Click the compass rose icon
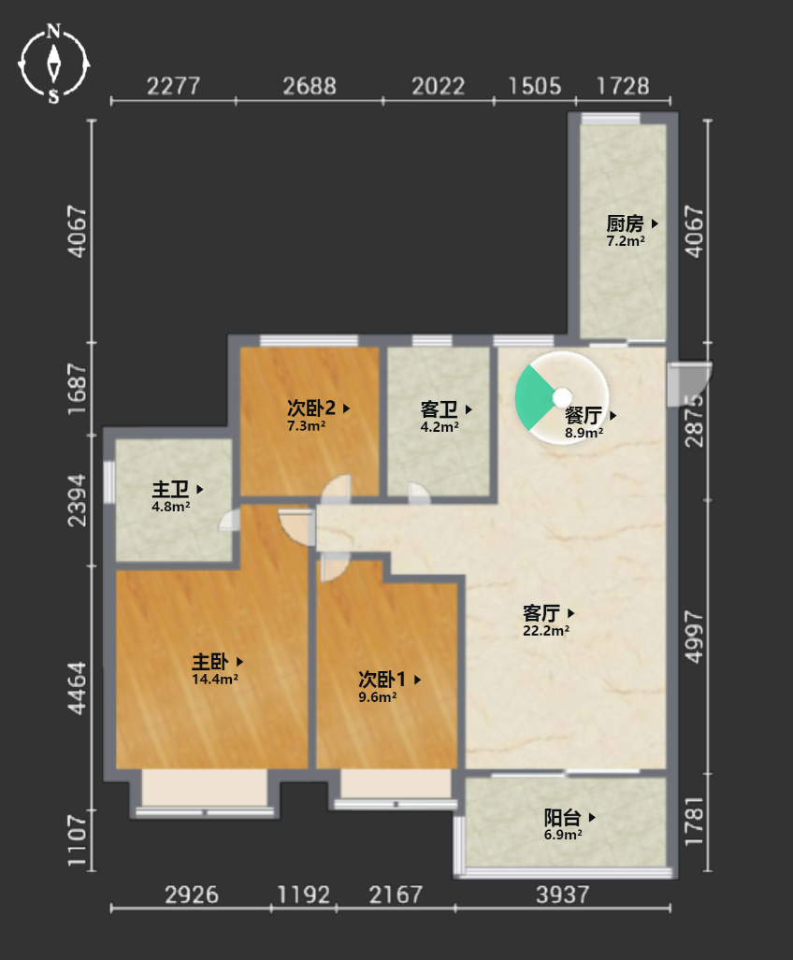(x=54, y=64)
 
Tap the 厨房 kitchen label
(x=626, y=223)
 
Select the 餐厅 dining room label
(x=583, y=415)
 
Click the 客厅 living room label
(x=541, y=613)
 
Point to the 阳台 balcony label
(x=562, y=817)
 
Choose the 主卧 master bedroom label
(x=210, y=662)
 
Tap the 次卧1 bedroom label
(x=382, y=680)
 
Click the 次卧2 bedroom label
(x=311, y=408)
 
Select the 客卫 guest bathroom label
(x=440, y=409)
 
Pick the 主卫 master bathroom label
(x=170, y=489)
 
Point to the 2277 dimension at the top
(x=173, y=86)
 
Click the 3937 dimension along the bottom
(x=563, y=896)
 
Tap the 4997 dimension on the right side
(x=694, y=637)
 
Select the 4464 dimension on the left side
(x=77, y=688)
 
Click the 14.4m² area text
(x=215, y=679)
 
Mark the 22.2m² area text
(x=546, y=631)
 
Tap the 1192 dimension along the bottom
(x=304, y=896)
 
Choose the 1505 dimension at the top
(x=535, y=86)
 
